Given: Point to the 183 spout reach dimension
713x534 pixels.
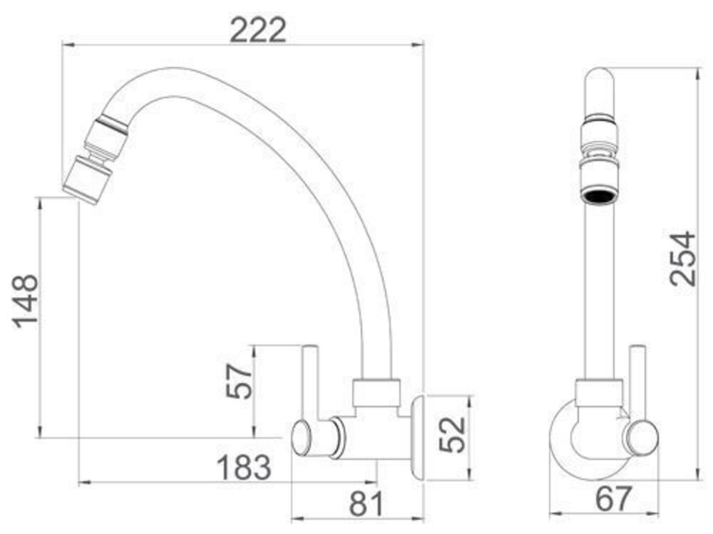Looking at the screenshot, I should pyautogui.click(x=244, y=468).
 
